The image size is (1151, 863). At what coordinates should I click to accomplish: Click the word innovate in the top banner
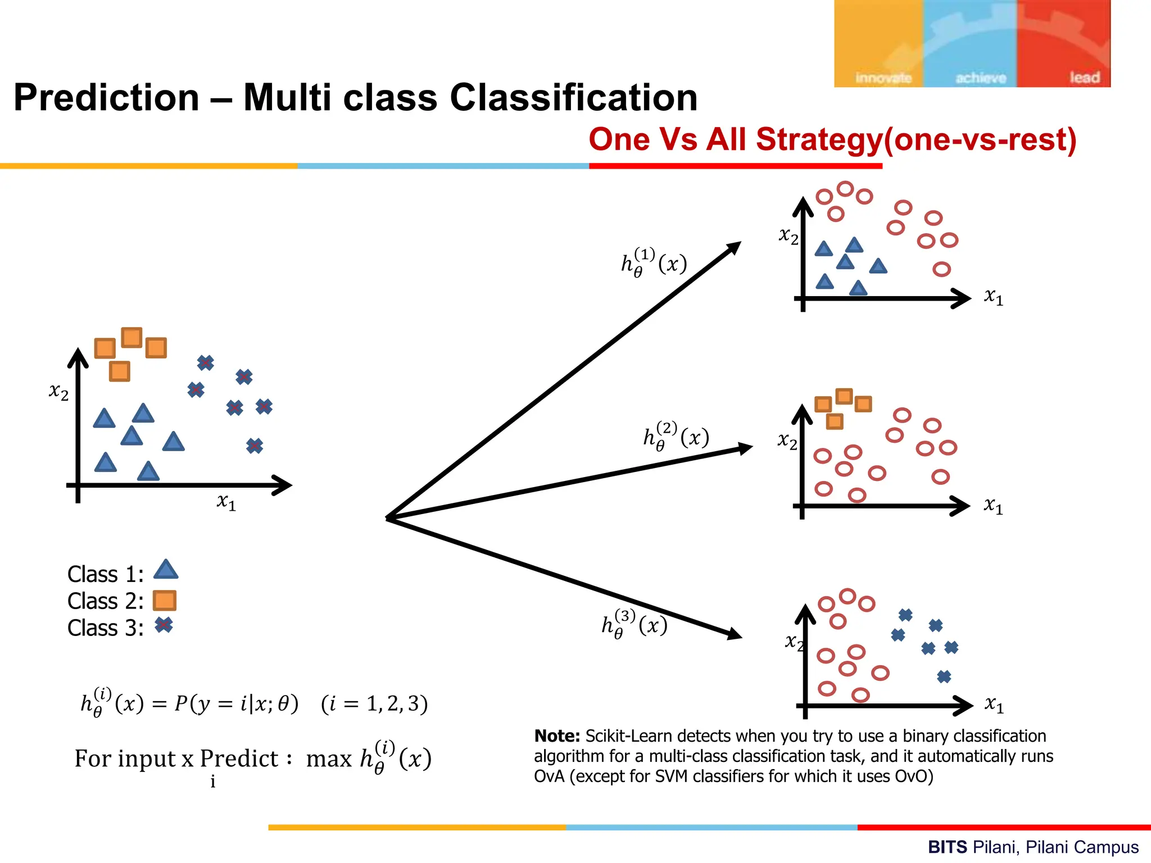pos(883,78)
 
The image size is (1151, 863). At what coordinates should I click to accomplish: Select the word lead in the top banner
pos(1084,77)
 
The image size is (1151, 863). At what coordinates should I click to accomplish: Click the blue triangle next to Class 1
pos(166,570)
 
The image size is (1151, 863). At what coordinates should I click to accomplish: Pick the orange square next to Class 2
pos(165,600)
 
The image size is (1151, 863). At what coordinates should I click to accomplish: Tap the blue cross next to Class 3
pos(164,625)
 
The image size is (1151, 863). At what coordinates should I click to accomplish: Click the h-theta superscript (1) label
pos(654,262)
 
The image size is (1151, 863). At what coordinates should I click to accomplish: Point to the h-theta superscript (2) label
pos(676,436)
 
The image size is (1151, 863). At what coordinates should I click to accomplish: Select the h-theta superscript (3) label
pos(635,624)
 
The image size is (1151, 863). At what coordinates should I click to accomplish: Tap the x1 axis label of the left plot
pos(226,501)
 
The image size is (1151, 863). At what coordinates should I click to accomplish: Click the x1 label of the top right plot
pos(993,296)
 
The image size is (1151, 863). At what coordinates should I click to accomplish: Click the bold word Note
pos(556,736)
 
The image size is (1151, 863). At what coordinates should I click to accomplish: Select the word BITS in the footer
pos(947,847)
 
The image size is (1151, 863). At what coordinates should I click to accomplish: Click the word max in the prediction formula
pos(329,759)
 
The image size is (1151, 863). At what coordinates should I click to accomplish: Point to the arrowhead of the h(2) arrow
pos(746,448)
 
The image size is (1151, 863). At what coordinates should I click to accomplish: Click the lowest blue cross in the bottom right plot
pos(944,676)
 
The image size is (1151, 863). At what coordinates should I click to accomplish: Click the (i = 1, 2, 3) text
pos(374,703)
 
